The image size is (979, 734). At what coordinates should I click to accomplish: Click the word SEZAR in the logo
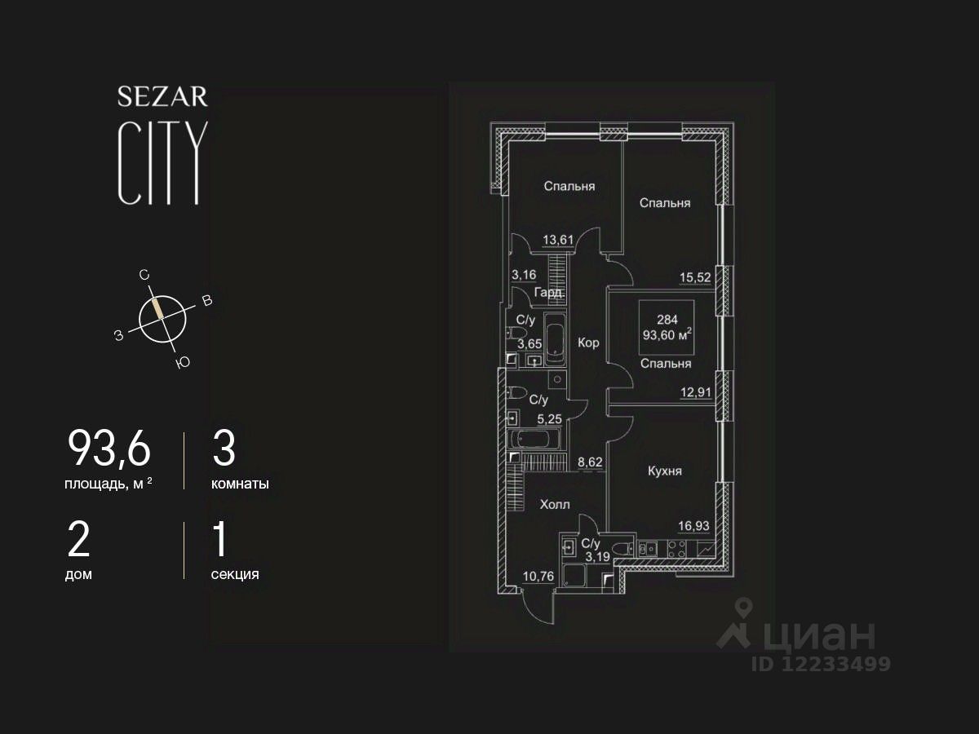click(x=162, y=97)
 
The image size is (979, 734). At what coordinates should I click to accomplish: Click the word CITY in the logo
click(x=160, y=163)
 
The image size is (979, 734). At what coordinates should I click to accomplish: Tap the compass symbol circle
click(x=162, y=317)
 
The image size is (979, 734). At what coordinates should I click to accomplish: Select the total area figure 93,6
click(x=109, y=449)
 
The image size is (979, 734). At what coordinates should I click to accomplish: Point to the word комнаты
click(x=240, y=484)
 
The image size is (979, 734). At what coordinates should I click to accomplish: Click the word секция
click(x=235, y=574)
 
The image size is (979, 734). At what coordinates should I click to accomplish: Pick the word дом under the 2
click(x=78, y=574)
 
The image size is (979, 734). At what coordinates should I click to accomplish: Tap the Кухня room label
click(x=665, y=471)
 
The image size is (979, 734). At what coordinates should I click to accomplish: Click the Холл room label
click(x=555, y=505)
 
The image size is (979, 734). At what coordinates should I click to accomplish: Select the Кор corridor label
click(x=588, y=343)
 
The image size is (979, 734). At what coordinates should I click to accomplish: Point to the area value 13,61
click(x=559, y=239)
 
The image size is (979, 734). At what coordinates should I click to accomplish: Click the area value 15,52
click(x=696, y=277)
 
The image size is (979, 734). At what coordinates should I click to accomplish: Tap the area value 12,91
click(x=696, y=392)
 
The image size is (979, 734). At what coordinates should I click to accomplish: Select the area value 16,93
click(x=696, y=526)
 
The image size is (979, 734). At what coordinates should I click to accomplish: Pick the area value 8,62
click(x=591, y=462)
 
